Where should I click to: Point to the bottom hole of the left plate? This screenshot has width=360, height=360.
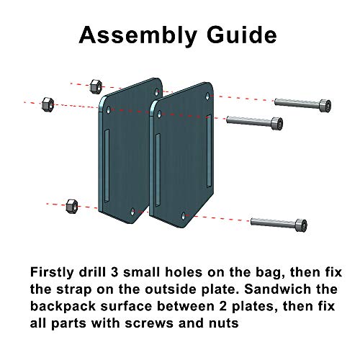click(x=133, y=210)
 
